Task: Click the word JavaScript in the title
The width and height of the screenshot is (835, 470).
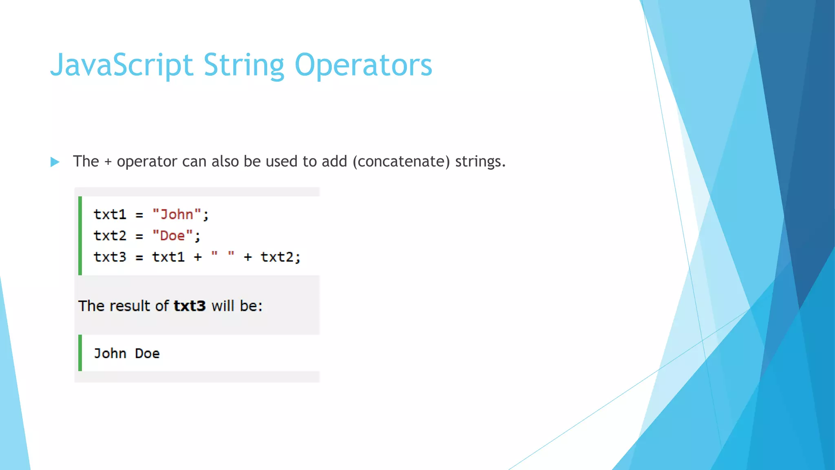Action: tap(121, 65)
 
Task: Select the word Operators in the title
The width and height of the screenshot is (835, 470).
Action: tap(363, 65)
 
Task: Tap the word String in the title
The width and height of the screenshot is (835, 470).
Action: tap(243, 65)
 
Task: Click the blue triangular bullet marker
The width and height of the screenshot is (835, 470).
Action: tap(55, 162)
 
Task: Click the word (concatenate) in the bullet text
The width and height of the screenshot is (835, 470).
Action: tap(401, 162)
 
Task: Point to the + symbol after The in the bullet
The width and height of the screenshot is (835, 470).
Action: tap(108, 162)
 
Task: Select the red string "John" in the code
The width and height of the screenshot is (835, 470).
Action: tap(177, 215)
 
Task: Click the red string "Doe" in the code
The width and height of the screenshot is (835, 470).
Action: tap(172, 236)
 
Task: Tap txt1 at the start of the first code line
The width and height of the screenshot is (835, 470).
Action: tap(110, 215)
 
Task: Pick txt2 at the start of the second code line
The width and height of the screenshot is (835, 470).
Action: tap(110, 236)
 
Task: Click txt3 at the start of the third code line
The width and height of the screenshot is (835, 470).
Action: tap(110, 257)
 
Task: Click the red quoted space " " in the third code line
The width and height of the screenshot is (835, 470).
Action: tap(223, 255)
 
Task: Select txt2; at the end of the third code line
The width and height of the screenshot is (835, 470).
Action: tap(281, 257)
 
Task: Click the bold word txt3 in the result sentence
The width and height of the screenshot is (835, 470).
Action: tap(190, 306)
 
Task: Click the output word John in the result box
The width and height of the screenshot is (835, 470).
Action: tap(110, 353)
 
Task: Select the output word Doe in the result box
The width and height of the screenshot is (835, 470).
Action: tap(147, 353)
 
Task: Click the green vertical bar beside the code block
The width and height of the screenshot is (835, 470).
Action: tap(80, 236)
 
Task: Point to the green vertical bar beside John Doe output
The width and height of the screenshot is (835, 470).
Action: tap(80, 353)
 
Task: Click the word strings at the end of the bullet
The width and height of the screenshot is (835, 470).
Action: tap(480, 162)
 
